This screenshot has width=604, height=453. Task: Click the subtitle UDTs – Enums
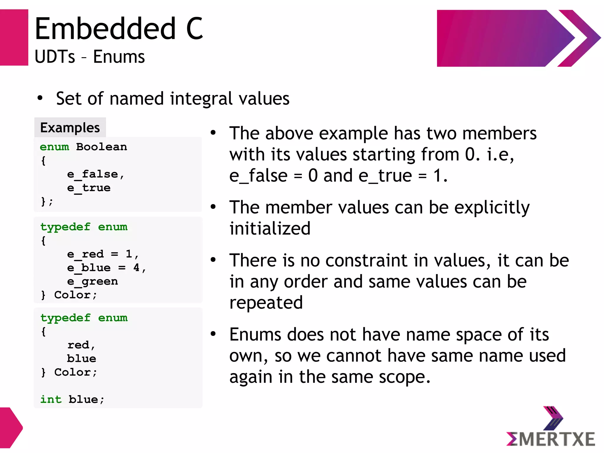coord(90,57)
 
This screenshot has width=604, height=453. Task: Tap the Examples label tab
coord(70,127)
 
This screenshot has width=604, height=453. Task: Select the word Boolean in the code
coord(101,147)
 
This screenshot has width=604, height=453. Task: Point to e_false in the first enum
coord(92,174)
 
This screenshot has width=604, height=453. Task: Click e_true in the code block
coord(89,188)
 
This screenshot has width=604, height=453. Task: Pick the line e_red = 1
coord(102,254)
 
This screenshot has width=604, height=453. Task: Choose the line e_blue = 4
coord(106,268)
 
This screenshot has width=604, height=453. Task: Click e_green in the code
coord(92,281)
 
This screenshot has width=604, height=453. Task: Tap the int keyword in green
coord(51,399)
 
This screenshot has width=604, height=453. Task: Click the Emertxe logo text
coord(551,439)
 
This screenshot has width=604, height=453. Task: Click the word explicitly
coord(492,207)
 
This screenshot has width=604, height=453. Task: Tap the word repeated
coord(266,302)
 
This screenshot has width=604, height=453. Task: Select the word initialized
coord(270,228)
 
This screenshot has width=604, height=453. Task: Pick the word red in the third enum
coord(78,345)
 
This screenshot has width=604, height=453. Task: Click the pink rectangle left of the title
coord(14,37)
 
